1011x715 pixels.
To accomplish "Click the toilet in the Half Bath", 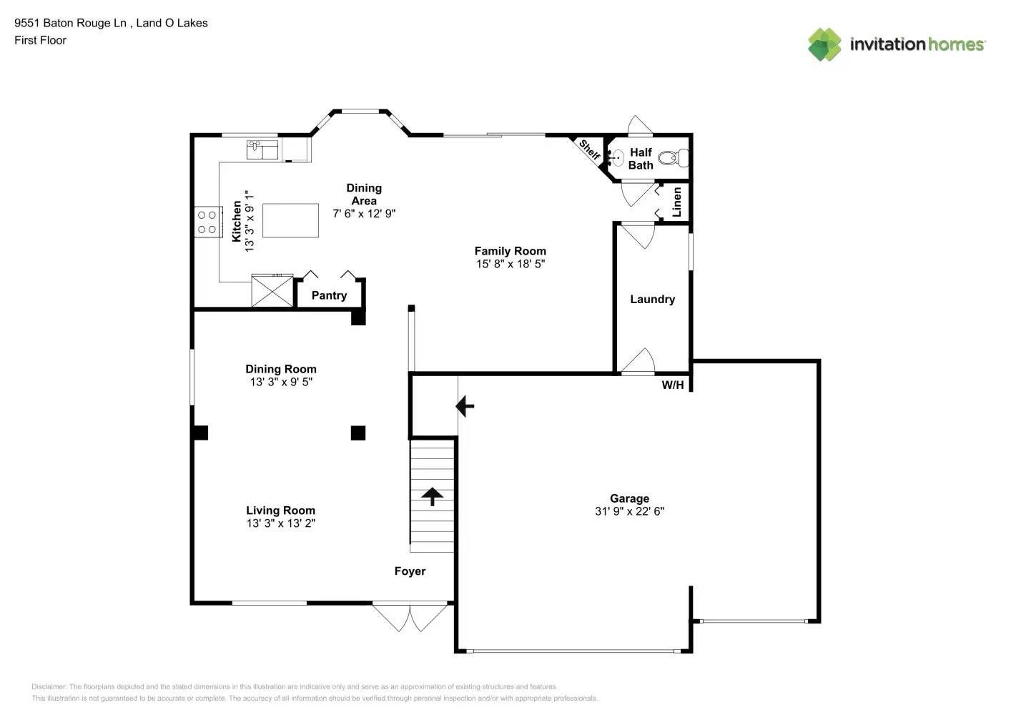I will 672,158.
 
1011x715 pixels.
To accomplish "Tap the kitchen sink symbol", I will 262,149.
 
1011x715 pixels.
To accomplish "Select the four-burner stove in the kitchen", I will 207,222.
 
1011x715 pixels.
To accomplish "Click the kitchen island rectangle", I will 290,220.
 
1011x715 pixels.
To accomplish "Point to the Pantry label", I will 329,295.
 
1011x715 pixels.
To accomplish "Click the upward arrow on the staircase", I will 432,495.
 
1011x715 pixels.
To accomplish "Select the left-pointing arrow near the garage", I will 465,406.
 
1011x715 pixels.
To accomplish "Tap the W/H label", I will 672,385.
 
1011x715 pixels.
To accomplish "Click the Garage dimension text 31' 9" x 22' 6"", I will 629,511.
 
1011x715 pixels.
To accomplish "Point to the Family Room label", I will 510,251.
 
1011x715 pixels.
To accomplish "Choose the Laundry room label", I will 652,299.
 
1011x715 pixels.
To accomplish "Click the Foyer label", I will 410,571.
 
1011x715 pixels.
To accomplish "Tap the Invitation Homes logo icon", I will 824,44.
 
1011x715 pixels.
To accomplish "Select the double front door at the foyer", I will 410,617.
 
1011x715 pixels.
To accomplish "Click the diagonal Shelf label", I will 589,149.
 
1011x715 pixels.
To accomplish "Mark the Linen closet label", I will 676,202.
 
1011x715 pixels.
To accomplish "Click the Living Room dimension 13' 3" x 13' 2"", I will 280,523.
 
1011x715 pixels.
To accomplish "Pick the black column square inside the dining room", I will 358,433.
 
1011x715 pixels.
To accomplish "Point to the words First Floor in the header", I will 40,40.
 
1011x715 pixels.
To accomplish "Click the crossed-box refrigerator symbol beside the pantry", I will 272,291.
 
